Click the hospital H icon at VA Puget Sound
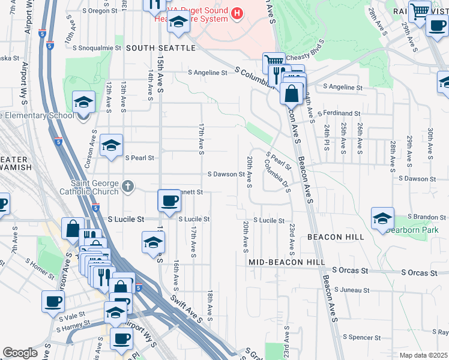pos(238,13)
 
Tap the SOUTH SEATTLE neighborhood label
pos(161,48)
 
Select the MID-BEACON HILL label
pos(287,262)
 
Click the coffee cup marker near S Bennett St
pos(169,200)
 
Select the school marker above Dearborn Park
pos(382,218)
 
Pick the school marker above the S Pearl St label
pos(112,145)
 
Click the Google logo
pos(20,353)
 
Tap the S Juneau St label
pos(351,290)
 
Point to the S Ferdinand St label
pos(342,113)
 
